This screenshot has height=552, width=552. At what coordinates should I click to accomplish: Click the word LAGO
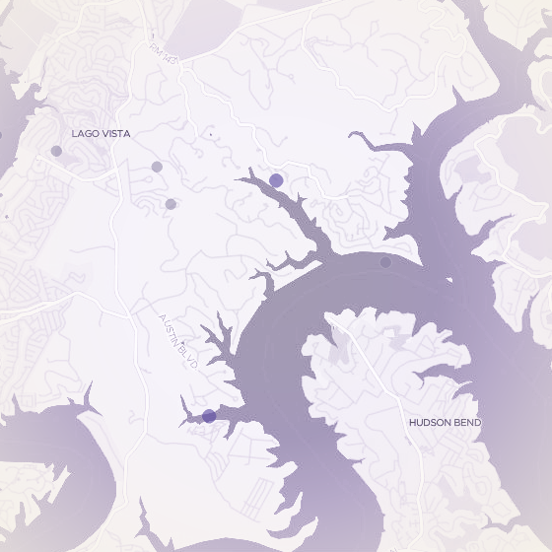click(85, 133)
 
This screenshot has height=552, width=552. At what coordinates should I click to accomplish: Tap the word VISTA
click(114, 133)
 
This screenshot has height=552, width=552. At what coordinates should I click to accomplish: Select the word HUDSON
click(430, 422)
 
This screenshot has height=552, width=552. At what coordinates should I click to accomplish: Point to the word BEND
click(467, 422)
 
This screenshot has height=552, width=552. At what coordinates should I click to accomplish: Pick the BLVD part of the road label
click(190, 358)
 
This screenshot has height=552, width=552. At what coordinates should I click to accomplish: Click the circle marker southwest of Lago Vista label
click(56, 151)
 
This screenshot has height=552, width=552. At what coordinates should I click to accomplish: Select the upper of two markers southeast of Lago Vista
click(157, 167)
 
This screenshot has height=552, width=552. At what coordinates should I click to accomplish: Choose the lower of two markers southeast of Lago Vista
click(171, 204)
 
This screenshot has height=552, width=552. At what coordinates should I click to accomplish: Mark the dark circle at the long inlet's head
click(276, 179)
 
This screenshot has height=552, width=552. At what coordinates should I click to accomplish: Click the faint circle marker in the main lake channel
click(385, 262)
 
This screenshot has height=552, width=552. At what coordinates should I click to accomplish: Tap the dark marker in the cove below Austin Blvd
click(209, 416)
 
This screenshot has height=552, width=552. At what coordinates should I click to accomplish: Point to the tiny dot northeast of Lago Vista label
click(210, 133)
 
